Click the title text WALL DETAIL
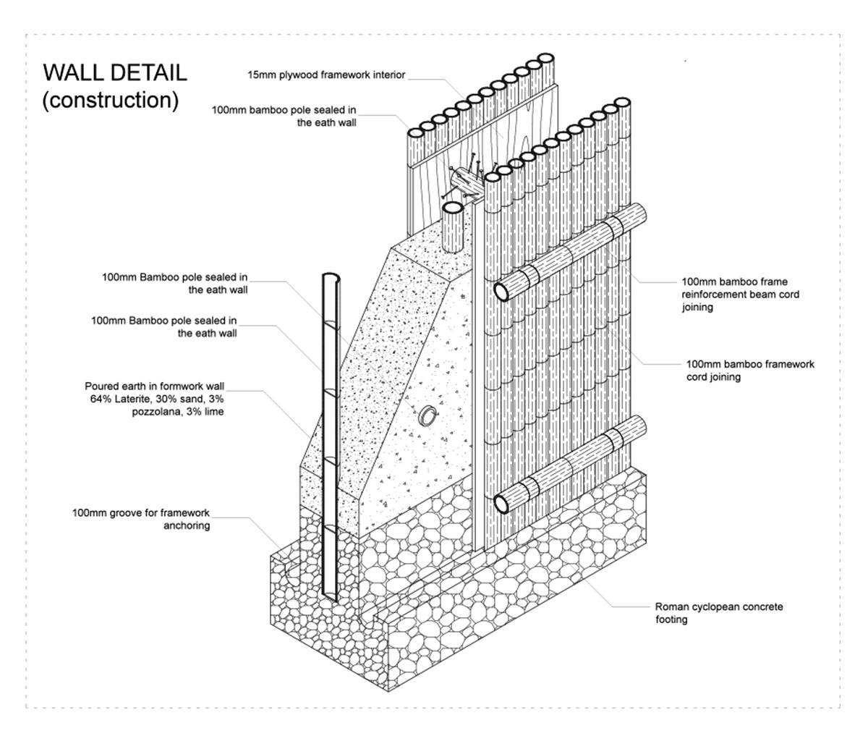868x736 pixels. click(x=115, y=72)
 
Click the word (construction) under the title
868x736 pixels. click(x=111, y=101)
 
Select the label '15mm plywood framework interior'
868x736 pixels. click(x=326, y=75)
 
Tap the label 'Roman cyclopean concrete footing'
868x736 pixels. click(x=719, y=613)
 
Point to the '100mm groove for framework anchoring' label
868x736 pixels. click(x=141, y=519)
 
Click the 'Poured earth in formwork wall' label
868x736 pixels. click(x=155, y=386)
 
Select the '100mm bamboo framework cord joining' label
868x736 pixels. click(x=750, y=371)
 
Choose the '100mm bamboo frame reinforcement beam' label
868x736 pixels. click(x=741, y=294)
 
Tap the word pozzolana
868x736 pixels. click(x=158, y=412)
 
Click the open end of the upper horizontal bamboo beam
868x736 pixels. click(x=501, y=291)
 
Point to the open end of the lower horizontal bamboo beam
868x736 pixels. click(x=501, y=503)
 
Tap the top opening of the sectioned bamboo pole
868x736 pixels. click(x=331, y=277)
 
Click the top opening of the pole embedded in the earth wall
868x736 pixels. click(x=453, y=208)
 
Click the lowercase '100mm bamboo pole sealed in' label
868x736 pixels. click(x=284, y=110)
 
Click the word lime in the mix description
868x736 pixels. click(x=214, y=411)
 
